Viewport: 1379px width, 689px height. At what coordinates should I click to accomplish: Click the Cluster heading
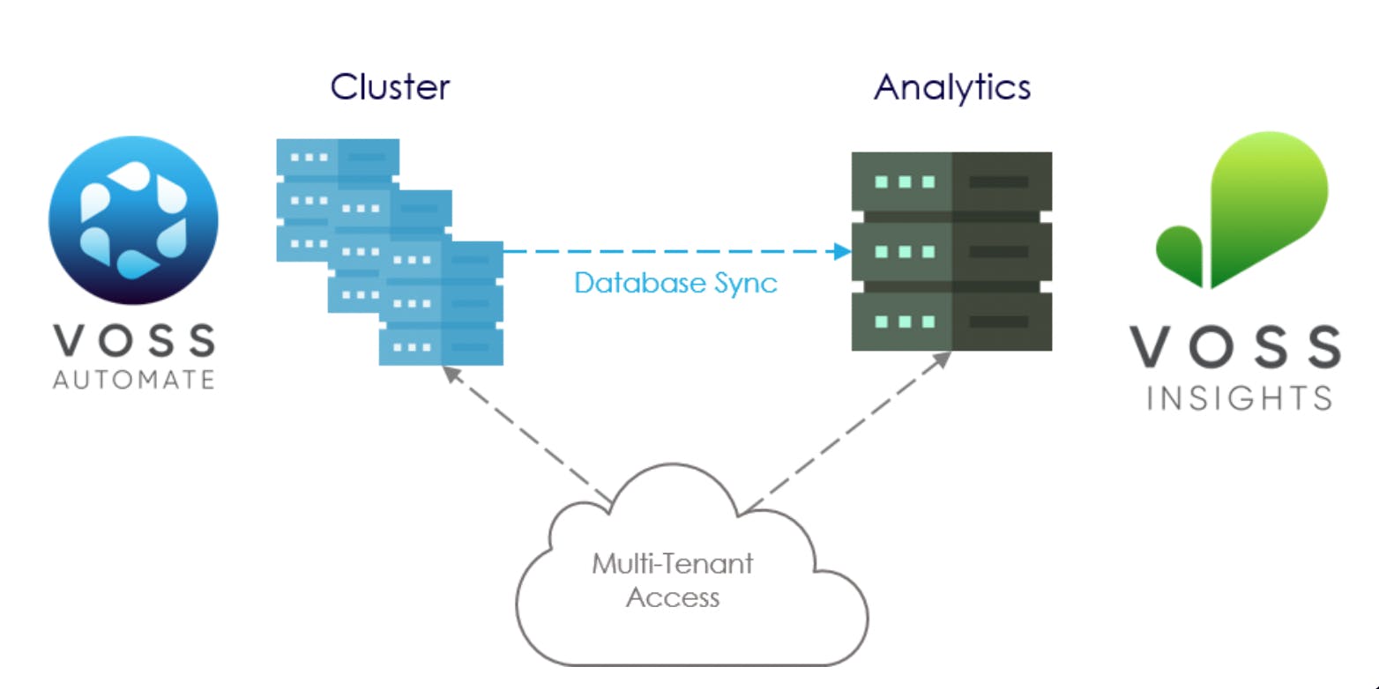click(390, 87)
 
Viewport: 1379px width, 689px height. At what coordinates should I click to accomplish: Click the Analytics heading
click(952, 87)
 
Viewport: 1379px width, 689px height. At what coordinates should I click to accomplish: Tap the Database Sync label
click(675, 283)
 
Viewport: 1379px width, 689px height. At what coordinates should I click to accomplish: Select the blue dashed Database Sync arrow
click(670, 252)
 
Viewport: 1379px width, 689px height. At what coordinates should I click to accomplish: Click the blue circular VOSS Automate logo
click(133, 220)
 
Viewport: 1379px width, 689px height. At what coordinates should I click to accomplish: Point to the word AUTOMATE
click(133, 380)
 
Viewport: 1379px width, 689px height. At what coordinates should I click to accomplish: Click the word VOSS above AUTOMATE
click(133, 340)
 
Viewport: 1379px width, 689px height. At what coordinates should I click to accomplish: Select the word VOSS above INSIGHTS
click(1236, 347)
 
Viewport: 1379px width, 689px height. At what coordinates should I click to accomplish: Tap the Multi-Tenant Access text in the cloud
click(672, 580)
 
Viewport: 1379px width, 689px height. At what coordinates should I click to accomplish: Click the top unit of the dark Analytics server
click(951, 182)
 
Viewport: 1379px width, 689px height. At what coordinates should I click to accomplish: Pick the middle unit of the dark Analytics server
click(951, 252)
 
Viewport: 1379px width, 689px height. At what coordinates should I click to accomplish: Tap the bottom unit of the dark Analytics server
click(951, 322)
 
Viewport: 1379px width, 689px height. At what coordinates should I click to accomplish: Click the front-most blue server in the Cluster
click(441, 303)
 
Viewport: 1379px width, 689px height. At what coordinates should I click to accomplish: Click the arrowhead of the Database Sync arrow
click(842, 252)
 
